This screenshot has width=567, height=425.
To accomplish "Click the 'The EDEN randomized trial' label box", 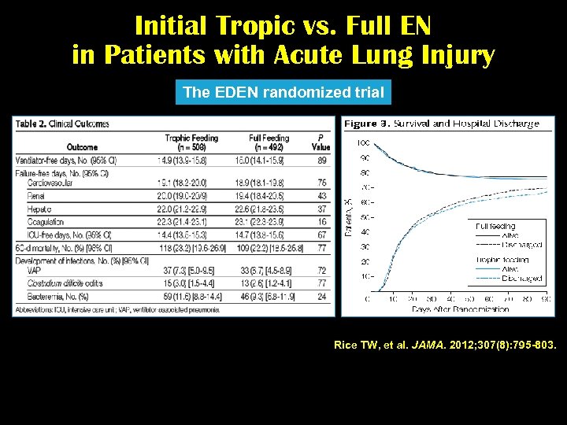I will [x=283, y=93].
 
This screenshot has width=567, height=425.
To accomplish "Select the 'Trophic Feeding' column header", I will [x=191, y=142].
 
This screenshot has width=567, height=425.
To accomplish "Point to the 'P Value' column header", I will [x=321, y=142].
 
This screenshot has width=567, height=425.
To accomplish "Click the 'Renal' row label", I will [x=36, y=194].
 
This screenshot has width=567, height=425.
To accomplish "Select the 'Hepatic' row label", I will [x=39, y=209].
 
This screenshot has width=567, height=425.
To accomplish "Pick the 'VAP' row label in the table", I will [x=34, y=269].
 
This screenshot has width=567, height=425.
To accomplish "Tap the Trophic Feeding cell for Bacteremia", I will [x=191, y=297].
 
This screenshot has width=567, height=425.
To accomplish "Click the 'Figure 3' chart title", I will [x=442, y=124].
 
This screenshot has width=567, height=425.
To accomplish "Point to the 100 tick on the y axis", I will [x=364, y=143].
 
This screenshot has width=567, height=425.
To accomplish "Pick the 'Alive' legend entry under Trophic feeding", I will [x=513, y=269].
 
